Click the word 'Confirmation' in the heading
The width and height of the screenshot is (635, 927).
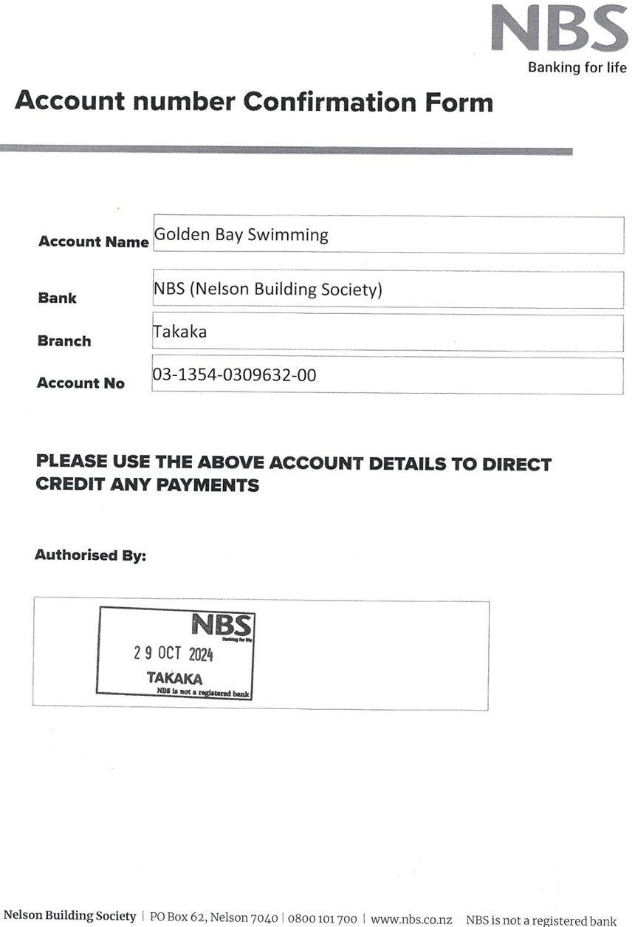[330, 102]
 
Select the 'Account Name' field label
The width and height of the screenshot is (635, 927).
[94, 242]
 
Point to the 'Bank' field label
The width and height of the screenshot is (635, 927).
[58, 298]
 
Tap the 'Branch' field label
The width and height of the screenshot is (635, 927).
[64, 341]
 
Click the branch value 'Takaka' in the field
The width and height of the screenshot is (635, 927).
[180, 332]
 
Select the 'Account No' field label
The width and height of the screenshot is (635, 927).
[80, 383]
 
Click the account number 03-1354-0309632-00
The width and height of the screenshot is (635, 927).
[235, 375]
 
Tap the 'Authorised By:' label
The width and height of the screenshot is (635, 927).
[91, 555]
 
